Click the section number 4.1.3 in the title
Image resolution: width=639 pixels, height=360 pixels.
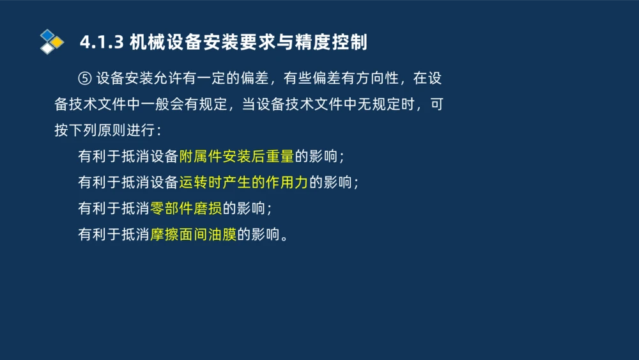(x=100, y=43)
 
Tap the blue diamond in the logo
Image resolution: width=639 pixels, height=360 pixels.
(x=47, y=35)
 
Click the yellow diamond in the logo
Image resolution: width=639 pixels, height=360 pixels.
(x=58, y=42)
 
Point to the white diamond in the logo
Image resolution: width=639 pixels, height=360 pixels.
(x=47, y=49)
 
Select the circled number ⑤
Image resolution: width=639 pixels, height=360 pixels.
(x=85, y=79)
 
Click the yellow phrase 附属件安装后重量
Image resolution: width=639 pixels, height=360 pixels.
(x=236, y=157)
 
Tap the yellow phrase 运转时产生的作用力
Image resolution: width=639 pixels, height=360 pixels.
(x=243, y=183)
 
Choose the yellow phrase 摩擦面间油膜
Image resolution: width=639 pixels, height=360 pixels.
(x=193, y=235)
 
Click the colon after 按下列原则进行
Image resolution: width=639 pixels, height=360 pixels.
(x=158, y=131)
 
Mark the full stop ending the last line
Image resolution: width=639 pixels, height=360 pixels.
(x=285, y=237)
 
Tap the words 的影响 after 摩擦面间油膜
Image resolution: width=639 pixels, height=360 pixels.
(x=259, y=235)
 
